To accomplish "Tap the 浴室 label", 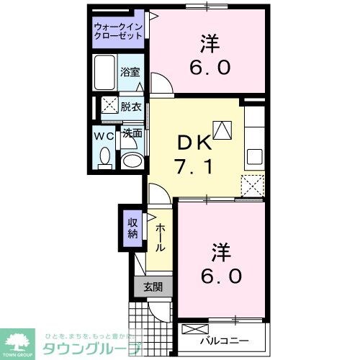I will tap(130, 73).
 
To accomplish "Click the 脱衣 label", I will tap(130, 105).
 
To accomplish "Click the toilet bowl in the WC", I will tap(105, 156).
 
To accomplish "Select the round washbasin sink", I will tap(130, 159).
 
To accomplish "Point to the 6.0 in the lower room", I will tap(220, 275).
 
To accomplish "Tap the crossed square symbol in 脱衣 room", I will tap(109, 105).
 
